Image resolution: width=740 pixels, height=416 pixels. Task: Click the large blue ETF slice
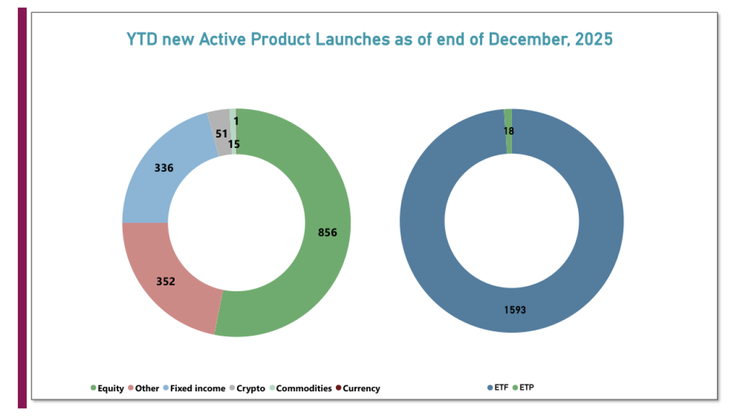point(428,260)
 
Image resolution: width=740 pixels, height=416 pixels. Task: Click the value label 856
point(327,232)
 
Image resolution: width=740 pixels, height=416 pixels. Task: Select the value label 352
point(165,282)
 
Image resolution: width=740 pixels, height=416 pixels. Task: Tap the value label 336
point(164,168)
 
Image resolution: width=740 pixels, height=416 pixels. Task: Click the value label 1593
point(514,310)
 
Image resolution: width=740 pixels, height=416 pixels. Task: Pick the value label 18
point(508,131)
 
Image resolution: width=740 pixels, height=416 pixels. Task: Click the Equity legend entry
point(107,388)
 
